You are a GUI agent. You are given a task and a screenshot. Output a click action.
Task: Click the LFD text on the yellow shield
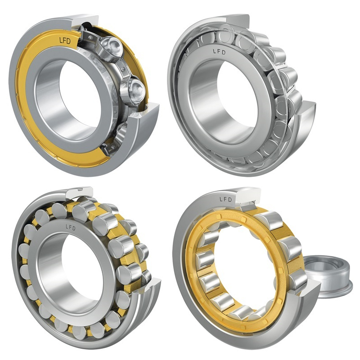coord(65,40)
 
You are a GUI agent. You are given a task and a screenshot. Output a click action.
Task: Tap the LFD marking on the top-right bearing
coord(219,52)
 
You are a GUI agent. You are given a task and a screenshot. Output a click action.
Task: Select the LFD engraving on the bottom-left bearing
coord(71,228)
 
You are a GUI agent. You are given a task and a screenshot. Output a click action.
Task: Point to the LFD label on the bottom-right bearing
coord(226,199)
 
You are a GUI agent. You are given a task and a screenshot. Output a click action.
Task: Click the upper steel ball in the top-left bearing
coord(110,47)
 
